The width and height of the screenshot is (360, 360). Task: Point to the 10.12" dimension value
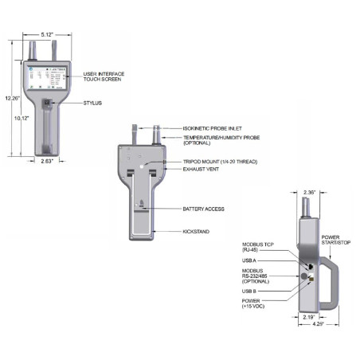(22, 118)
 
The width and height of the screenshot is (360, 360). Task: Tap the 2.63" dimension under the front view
(49, 161)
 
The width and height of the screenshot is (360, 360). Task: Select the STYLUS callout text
(95, 104)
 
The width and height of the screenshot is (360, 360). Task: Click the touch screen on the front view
(47, 80)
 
